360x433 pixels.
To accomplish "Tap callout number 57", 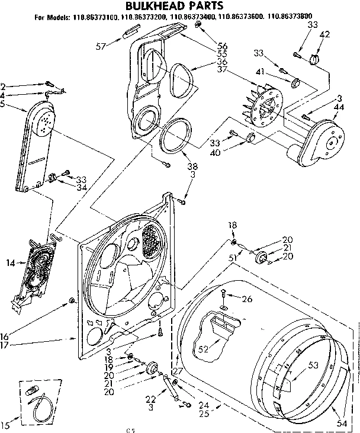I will [x=101, y=45].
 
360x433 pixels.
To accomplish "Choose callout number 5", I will [x=4, y=105].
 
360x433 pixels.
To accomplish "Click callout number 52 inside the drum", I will [x=203, y=349].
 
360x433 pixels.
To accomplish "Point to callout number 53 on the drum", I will [x=313, y=365].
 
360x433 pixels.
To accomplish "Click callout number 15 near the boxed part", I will [x=6, y=424].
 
